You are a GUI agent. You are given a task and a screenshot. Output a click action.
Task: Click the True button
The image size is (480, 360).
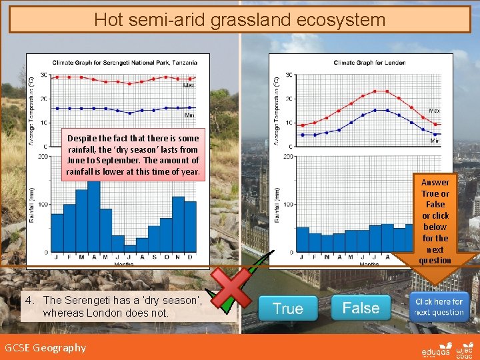288,309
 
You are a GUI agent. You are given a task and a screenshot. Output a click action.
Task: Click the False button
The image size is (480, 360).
361,308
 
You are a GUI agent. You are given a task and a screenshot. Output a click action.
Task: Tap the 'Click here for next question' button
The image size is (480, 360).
439,307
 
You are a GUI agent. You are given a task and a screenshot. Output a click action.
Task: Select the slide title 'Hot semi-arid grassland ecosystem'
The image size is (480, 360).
239,19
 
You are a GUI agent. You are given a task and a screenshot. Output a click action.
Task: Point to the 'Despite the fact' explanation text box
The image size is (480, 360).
133,155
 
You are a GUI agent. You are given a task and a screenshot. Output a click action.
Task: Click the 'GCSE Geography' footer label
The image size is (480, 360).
45,347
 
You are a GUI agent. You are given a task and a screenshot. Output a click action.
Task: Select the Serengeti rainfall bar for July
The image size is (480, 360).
130,249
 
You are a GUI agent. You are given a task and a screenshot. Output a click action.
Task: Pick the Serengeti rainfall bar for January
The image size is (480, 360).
57,233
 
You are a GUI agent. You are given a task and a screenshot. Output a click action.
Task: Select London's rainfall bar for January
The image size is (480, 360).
303,239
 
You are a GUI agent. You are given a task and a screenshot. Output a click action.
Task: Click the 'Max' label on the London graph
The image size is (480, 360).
434,109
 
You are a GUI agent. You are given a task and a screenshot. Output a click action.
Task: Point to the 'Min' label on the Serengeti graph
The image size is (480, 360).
189,115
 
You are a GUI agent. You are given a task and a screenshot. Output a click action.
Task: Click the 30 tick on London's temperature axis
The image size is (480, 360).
289,75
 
